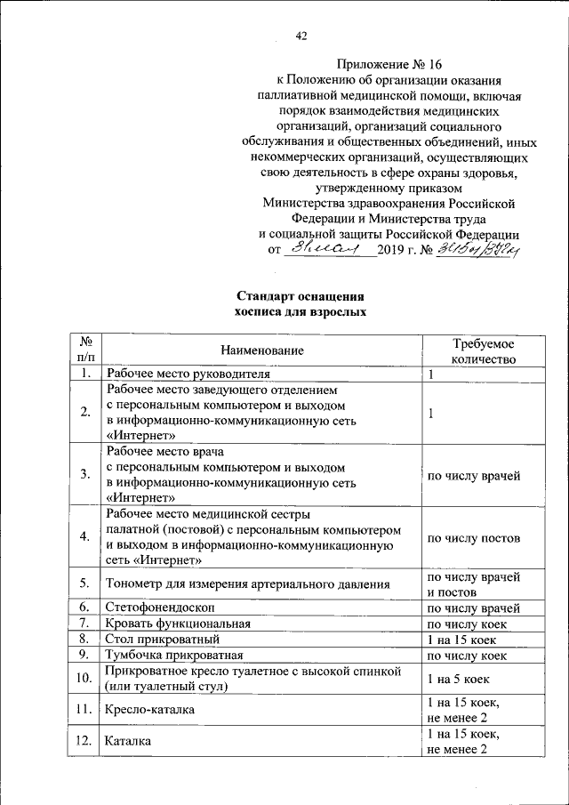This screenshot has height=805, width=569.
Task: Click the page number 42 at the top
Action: pyautogui.click(x=301, y=36)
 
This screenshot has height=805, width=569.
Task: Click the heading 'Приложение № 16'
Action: pyautogui.click(x=389, y=65)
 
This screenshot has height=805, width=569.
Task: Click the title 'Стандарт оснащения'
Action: pyautogui.click(x=300, y=296)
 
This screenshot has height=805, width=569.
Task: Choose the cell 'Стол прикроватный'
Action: pyautogui.click(x=161, y=640)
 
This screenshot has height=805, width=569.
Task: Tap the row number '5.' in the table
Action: pyautogui.click(x=84, y=584)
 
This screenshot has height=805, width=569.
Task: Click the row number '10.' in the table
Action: pyautogui.click(x=84, y=679)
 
